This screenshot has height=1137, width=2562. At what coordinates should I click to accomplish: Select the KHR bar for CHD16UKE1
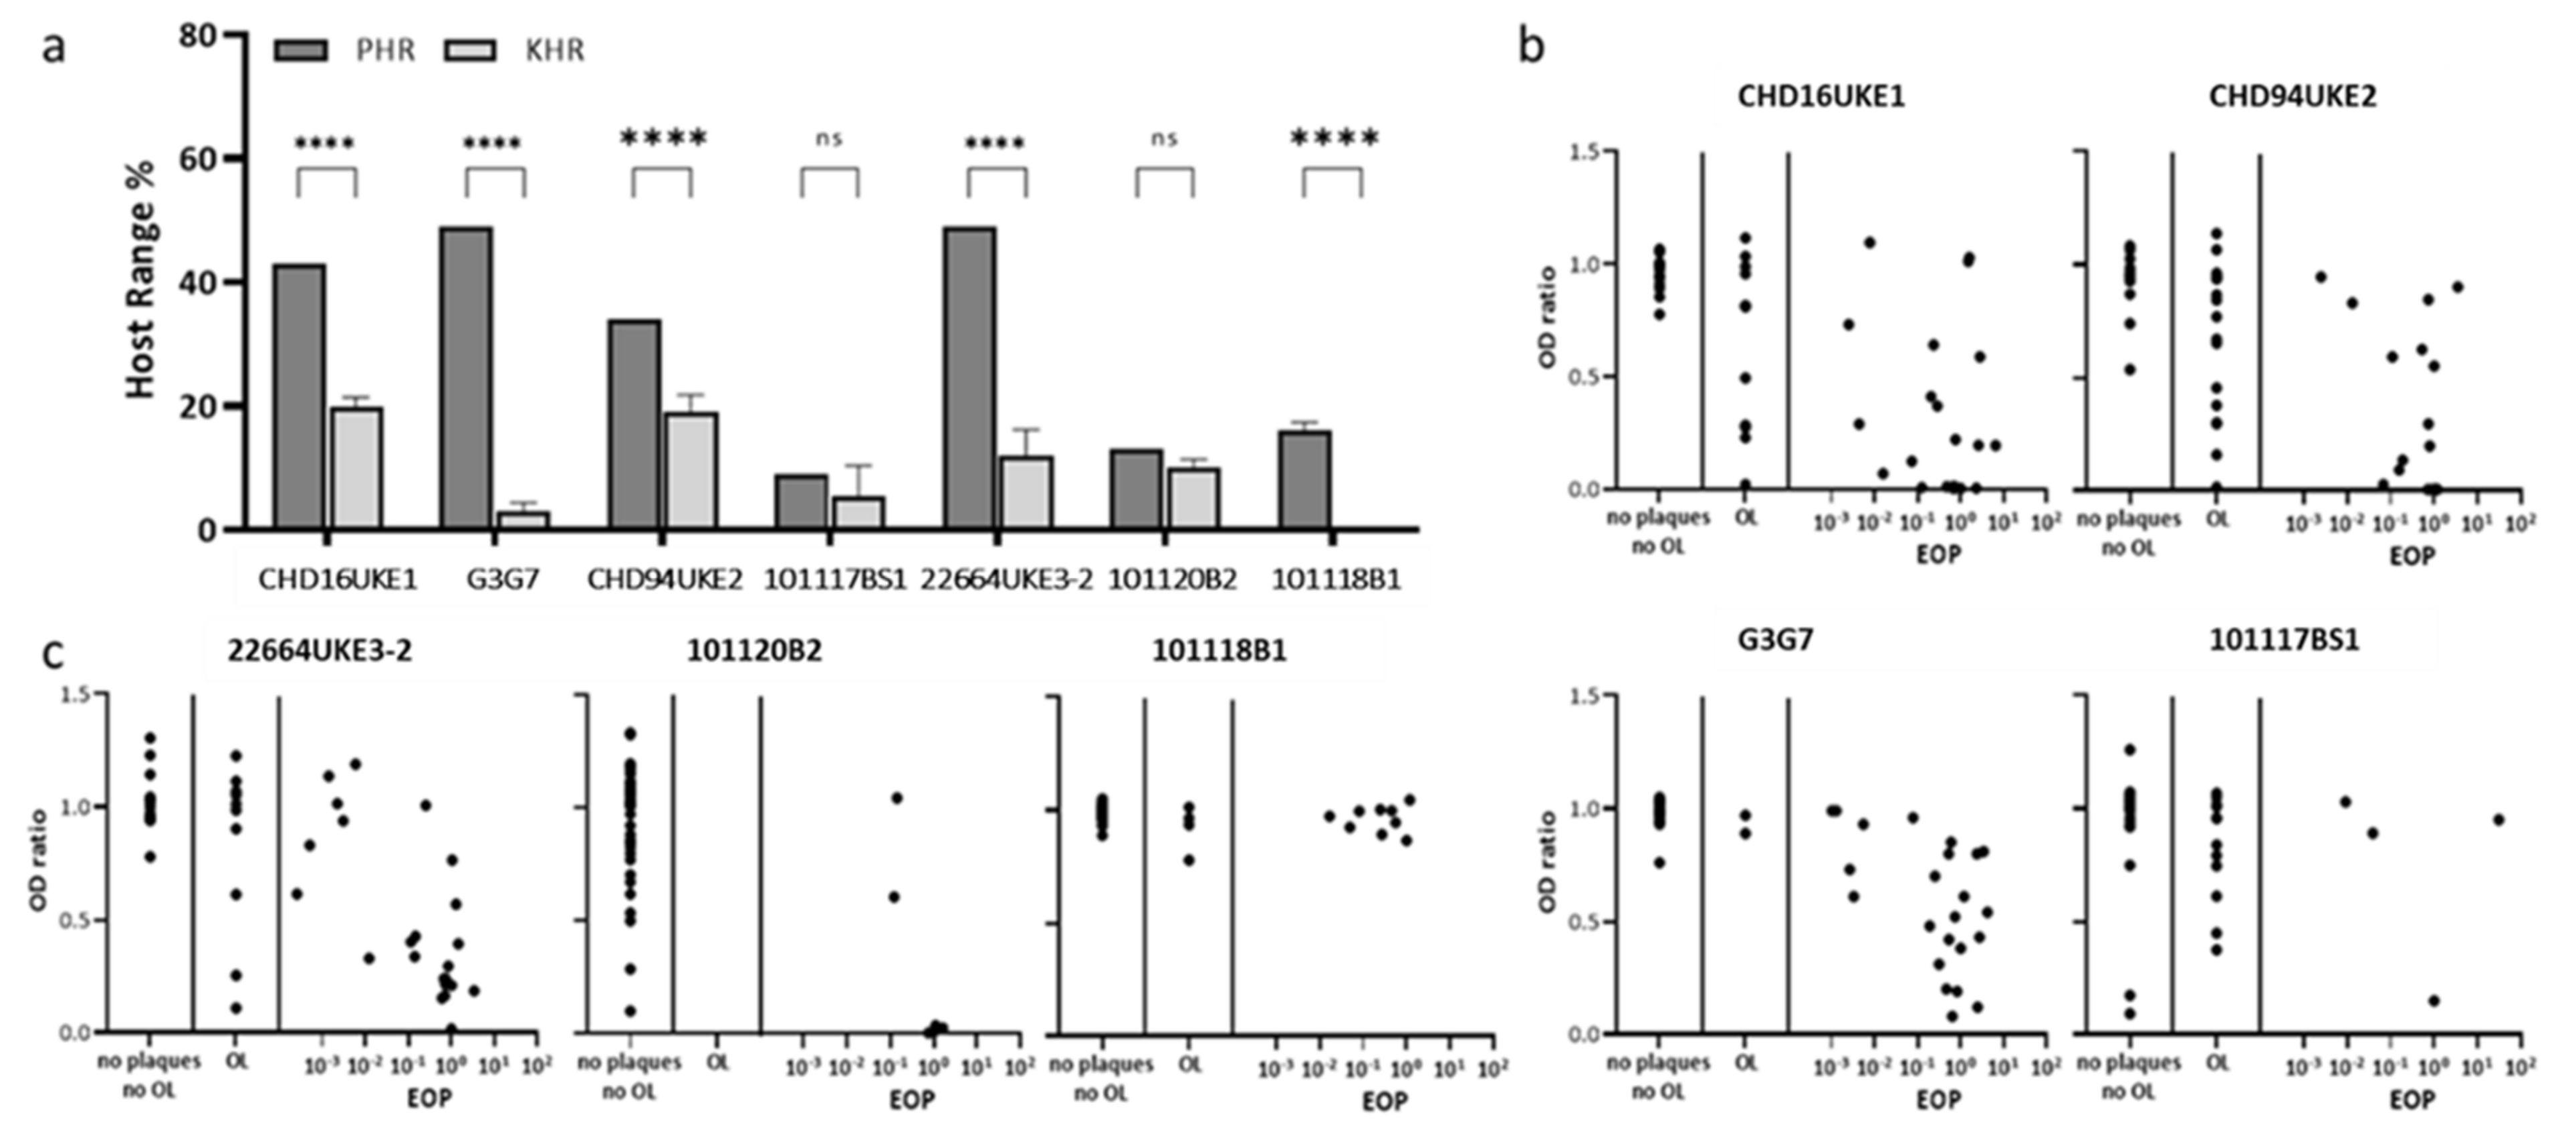(x=356, y=468)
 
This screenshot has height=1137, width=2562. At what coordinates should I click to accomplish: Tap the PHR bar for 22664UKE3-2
(x=969, y=378)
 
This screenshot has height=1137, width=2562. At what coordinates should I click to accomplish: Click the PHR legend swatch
(x=300, y=49)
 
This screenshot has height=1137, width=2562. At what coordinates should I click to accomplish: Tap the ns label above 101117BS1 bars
(x=830, y=138)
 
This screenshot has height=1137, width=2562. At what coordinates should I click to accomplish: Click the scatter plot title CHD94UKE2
(x=2293, y=96)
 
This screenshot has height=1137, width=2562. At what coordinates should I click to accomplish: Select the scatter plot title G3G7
(x=1775, y=639)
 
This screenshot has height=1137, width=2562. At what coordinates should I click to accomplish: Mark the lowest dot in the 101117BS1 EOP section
(x=2434, y=1001)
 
